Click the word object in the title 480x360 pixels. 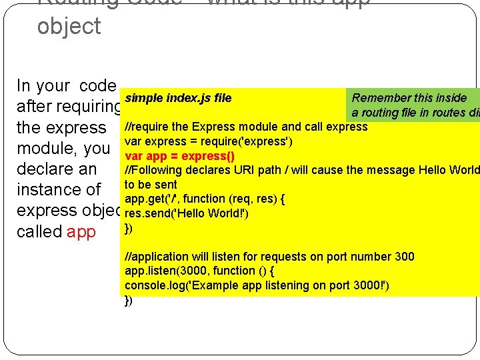(x=69, y=27)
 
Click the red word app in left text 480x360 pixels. (x=81, y=232)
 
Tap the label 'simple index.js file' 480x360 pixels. (x=178, y=99)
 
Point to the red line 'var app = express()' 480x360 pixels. (x=179, y=156)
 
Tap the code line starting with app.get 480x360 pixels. (x=205, y=199)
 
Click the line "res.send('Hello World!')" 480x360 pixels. (x=187, y=214)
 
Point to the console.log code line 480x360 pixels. (x=257, y=285)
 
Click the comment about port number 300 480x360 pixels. (x=269, y=257)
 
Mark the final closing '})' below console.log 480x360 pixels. (x=129, y=300)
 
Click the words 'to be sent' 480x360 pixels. (x=151, y=185)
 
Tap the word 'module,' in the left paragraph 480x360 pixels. (x=46, y=148)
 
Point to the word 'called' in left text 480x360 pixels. (x=39, y=232)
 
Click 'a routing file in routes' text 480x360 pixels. (x=413, y=113)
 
